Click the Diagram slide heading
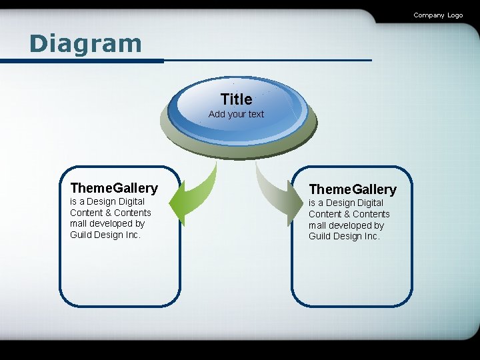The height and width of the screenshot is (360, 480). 85,44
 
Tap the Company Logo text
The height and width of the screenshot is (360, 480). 437,15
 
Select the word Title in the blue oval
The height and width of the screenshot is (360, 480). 236,99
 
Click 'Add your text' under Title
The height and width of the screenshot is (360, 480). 236,114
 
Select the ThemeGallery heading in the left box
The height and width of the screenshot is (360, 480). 114,188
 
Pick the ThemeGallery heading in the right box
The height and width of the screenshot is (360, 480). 352,189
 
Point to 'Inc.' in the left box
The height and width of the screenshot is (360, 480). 133,235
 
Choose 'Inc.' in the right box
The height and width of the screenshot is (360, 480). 371,236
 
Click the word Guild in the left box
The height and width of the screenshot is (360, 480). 81,235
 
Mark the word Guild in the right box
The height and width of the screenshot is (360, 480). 320,236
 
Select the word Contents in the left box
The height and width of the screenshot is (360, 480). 133,213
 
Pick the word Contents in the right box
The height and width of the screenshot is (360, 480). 372,214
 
